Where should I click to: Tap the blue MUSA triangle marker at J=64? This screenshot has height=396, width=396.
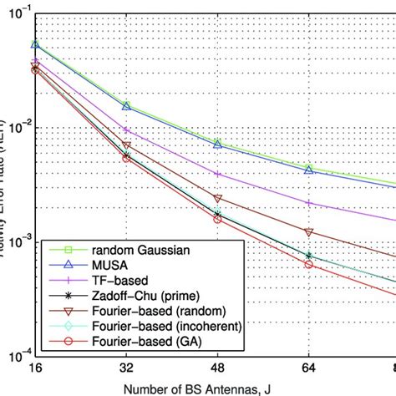308,170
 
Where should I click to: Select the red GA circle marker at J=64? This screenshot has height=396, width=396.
308,264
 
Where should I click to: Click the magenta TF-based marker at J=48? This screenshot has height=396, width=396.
217,174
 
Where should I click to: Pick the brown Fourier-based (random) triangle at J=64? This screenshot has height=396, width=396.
308,231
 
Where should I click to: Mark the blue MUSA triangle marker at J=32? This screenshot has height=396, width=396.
126,106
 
